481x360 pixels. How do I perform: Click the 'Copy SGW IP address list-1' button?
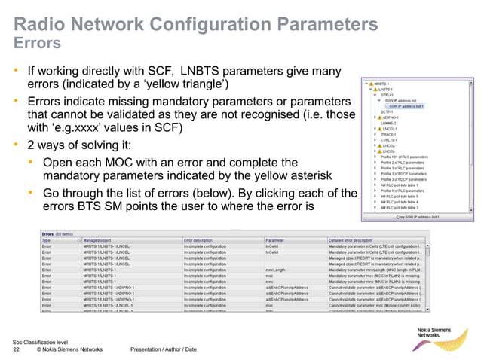tap(418, 217)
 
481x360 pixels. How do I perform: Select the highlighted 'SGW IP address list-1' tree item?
tap(407, 107)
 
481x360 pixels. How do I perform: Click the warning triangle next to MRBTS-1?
tap(370, 84)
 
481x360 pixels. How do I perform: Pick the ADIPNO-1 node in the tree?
tap(391, 117)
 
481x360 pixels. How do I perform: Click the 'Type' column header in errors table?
tap(47, 241)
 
